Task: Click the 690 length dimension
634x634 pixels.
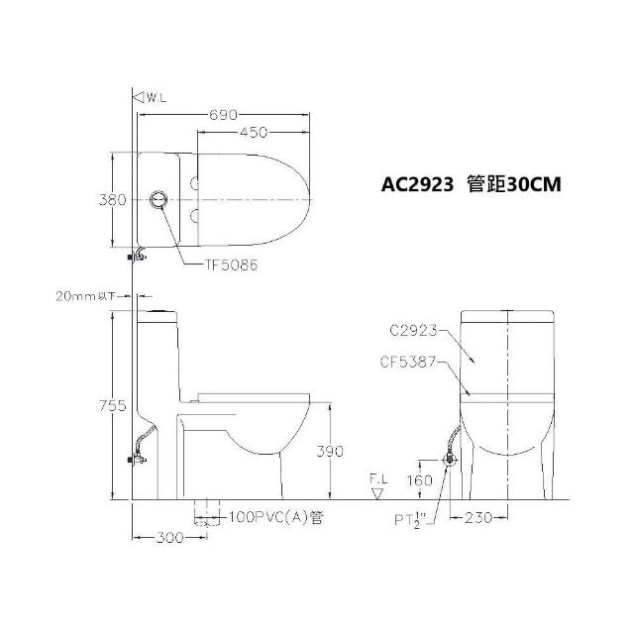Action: [x=223, y=115]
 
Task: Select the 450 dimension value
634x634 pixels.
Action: [x=254, y=132]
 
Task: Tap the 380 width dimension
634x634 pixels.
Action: [x=112, y=200]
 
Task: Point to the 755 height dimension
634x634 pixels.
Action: [x=112, y=405]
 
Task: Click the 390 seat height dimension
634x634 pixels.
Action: [x=330, y=452]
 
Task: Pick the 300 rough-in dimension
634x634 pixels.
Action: [x=169, y=538]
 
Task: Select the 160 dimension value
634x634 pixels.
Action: [x=420, y=480]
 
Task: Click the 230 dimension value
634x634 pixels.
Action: [x=478, y=517]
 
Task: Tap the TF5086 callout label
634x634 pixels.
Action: [x=231, y=264]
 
